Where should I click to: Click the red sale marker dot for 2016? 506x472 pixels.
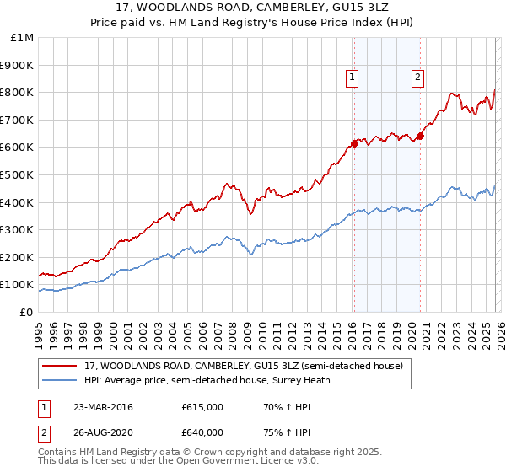click(354, 143)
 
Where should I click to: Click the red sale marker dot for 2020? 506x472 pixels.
click(420, 137)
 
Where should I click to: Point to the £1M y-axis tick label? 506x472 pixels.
click(23, 38)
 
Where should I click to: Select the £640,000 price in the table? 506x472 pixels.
click(202, 432)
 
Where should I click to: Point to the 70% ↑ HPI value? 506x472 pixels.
click(277, 407)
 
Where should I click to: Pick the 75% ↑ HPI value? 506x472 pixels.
click(277, 432)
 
